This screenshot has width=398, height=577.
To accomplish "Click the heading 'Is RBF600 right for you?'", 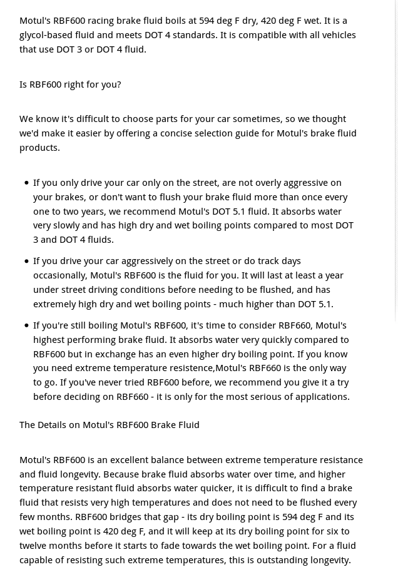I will pos(70,84).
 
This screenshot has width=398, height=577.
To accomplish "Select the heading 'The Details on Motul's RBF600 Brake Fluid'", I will pos(110,425).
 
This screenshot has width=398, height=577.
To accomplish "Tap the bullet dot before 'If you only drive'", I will pos(26,183).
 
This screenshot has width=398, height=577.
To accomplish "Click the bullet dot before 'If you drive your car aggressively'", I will pos(26,261).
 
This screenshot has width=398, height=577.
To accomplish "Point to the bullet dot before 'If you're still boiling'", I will pos(26,325).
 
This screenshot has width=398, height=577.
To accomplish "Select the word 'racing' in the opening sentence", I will pos(103,21).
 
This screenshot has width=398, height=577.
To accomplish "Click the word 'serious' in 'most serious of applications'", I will pos(250,397).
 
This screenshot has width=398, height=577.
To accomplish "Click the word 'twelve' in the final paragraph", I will pos(33,546).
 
